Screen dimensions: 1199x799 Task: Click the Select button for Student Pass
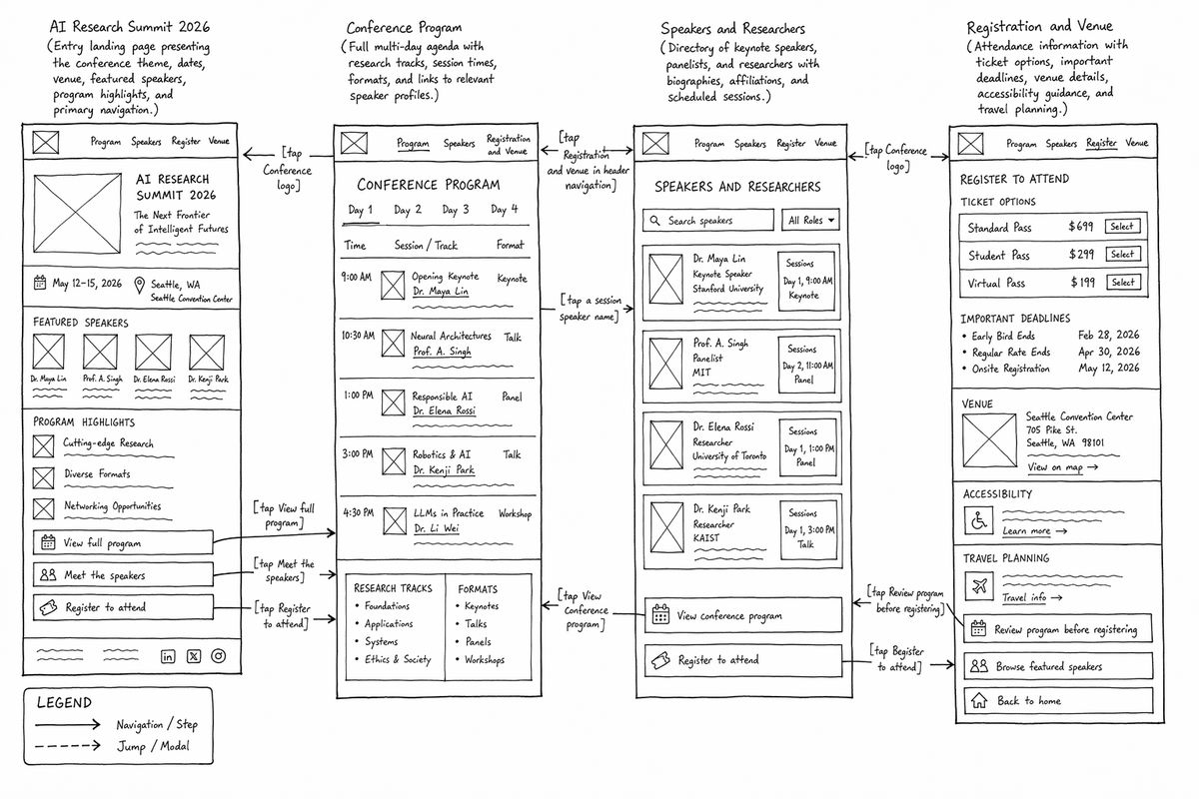1123,255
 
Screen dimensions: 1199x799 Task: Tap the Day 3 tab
456,210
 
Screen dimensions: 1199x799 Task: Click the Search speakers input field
708,221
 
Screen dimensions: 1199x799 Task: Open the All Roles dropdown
810,220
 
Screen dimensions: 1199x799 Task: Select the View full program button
123,542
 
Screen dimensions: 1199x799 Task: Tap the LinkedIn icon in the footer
168,656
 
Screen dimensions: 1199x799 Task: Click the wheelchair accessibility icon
979,520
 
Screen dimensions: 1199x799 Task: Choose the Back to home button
1058,700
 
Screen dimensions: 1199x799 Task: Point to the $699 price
1081,227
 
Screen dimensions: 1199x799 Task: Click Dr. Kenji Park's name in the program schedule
444,469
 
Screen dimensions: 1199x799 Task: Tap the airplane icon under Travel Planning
979,586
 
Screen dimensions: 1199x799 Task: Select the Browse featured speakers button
1058,666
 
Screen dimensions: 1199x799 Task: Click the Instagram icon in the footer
219,656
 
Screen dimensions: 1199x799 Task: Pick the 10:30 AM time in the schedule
358,336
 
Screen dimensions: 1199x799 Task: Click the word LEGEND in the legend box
64,703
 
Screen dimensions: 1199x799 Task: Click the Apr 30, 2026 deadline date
1108,352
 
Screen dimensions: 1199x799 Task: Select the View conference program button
743,615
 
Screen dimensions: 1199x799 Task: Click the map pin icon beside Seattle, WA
139,286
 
